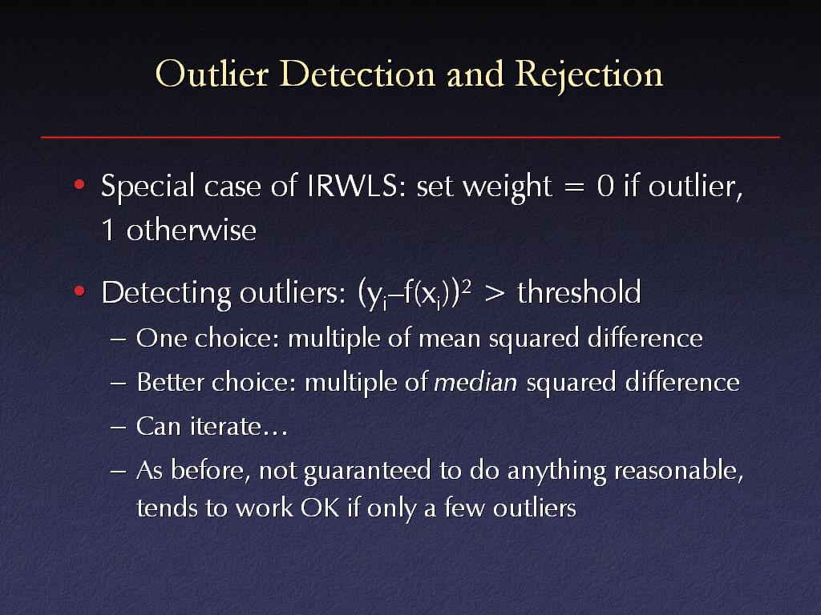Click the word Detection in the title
pos(357,74)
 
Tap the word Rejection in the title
pos(589,75)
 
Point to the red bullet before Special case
pos(79,184)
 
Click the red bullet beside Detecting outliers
pos(79,291)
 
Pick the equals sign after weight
pos(574,187)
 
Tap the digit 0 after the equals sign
pos(605,186)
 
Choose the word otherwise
pos(191,230)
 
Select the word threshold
pos(579,291)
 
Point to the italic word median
pos(475,382)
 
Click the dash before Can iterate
pos(119,427)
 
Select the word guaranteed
pos(367,472)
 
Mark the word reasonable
pos(678,471)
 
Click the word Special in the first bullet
pos(148,187)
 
